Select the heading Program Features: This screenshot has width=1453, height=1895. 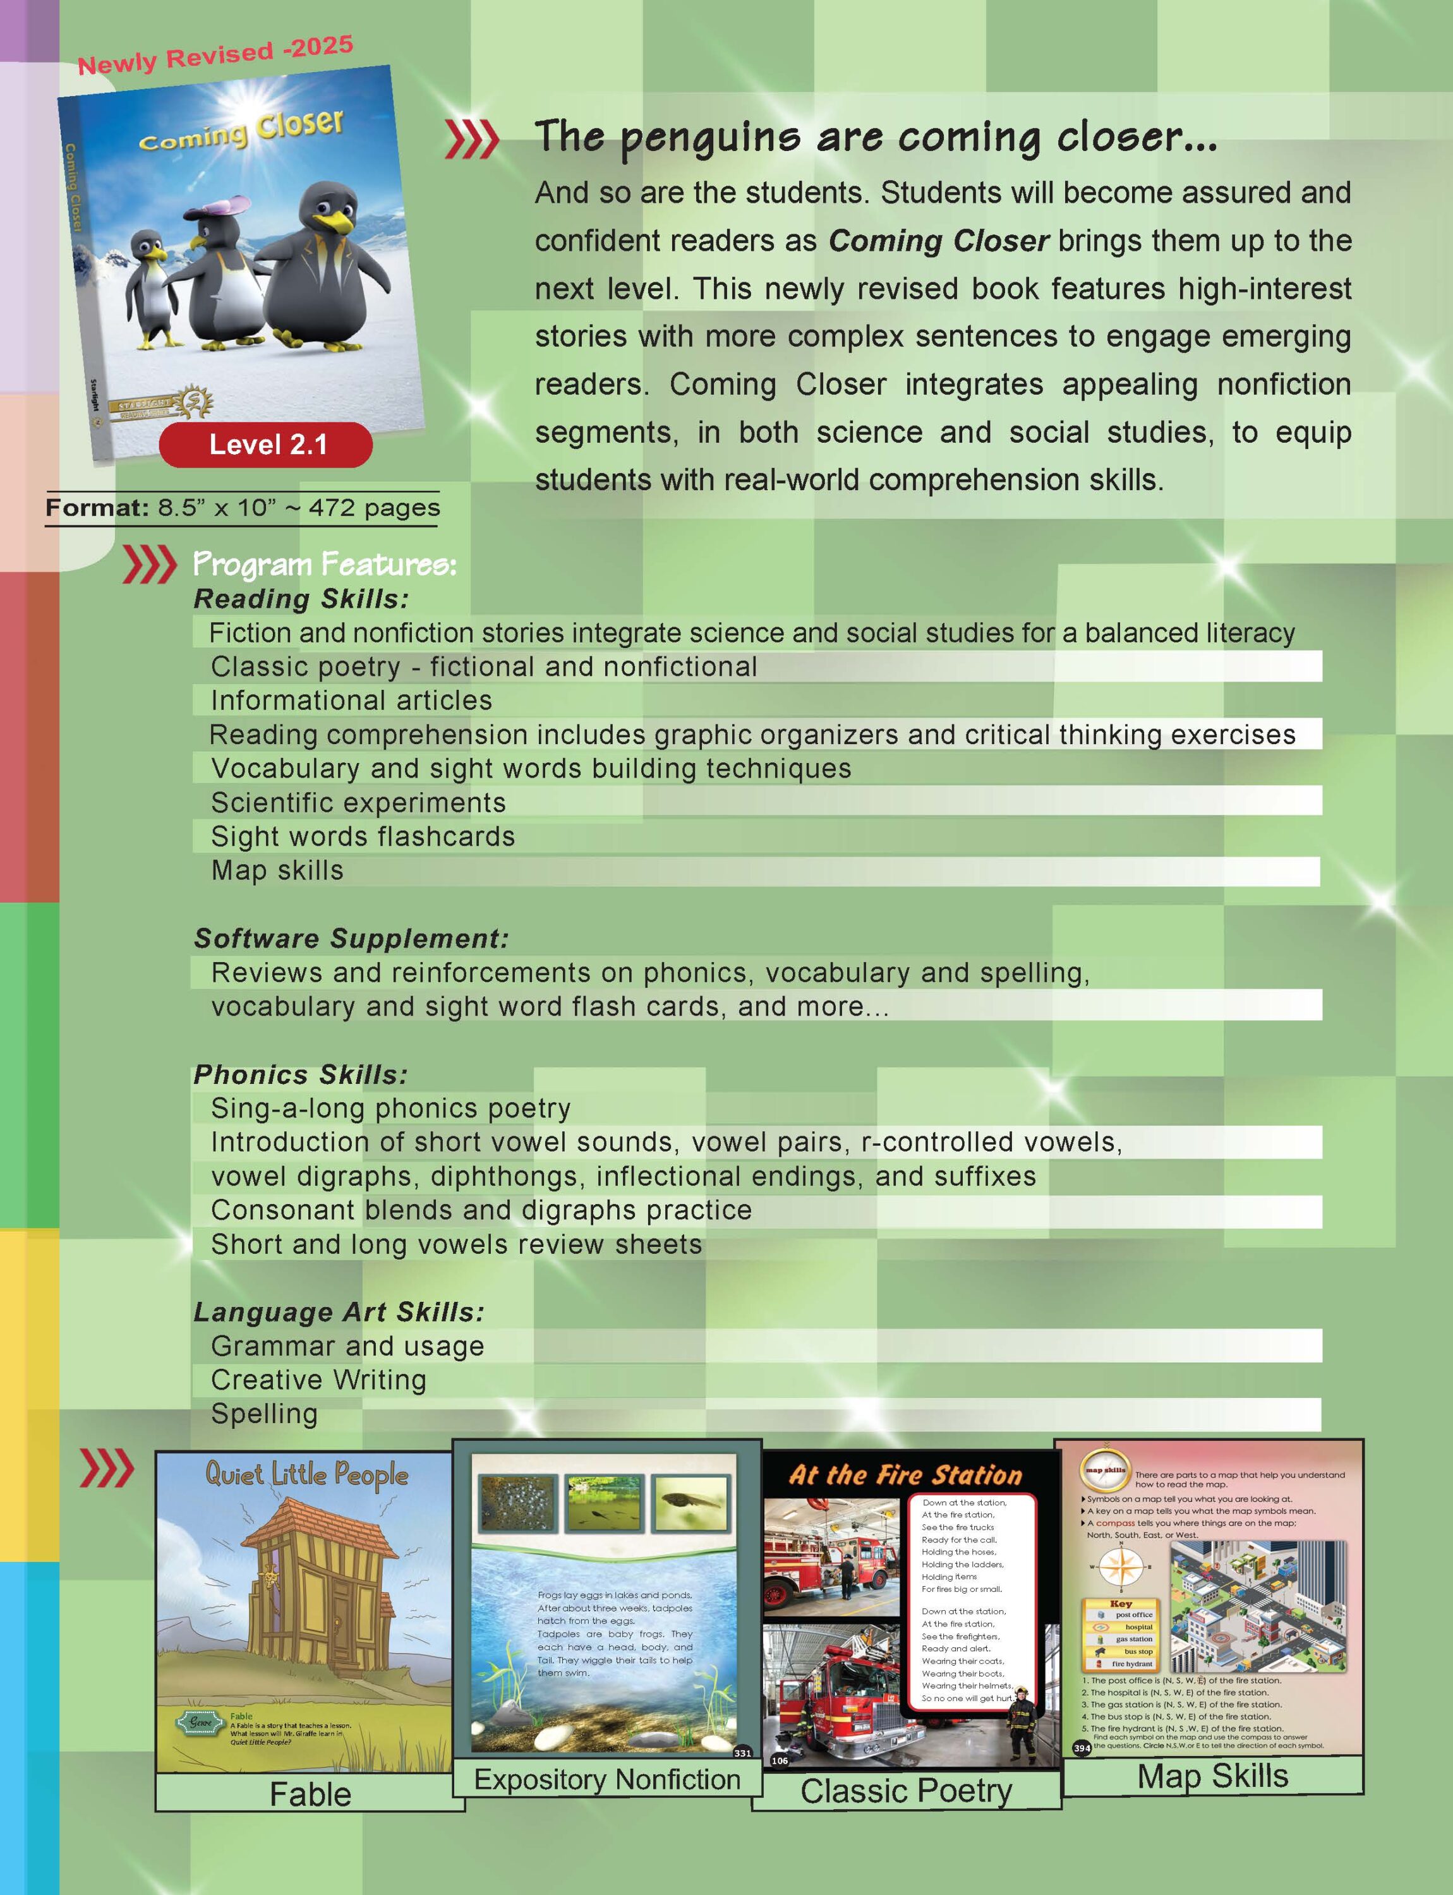324,564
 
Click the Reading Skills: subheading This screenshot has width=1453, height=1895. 301,599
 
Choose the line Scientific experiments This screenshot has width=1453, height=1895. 358,803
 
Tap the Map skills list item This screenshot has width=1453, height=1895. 277,870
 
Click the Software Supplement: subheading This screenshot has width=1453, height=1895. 351,939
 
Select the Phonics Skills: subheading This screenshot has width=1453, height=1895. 300,1074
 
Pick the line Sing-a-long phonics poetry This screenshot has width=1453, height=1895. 391,1108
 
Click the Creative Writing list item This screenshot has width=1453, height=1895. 318,1380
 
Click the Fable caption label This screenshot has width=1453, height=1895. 310,1794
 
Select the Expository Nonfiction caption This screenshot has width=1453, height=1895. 607,1779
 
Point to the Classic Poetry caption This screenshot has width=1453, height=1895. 905,1791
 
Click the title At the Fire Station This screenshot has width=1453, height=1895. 905,1475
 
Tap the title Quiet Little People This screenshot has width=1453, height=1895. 306,1474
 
